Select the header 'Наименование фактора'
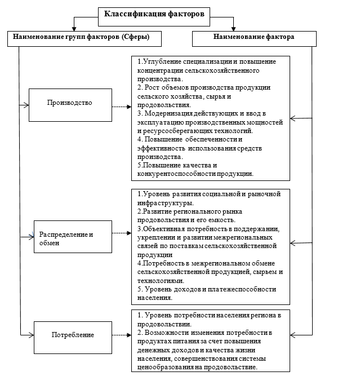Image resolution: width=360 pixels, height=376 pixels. point(254,37)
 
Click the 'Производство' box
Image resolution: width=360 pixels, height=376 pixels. point(69,104)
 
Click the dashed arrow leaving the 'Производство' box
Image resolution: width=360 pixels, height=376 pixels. point(121,106)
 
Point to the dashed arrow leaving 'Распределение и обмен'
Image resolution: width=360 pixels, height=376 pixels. point(121,233)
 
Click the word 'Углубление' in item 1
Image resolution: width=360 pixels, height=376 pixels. point(161,61)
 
